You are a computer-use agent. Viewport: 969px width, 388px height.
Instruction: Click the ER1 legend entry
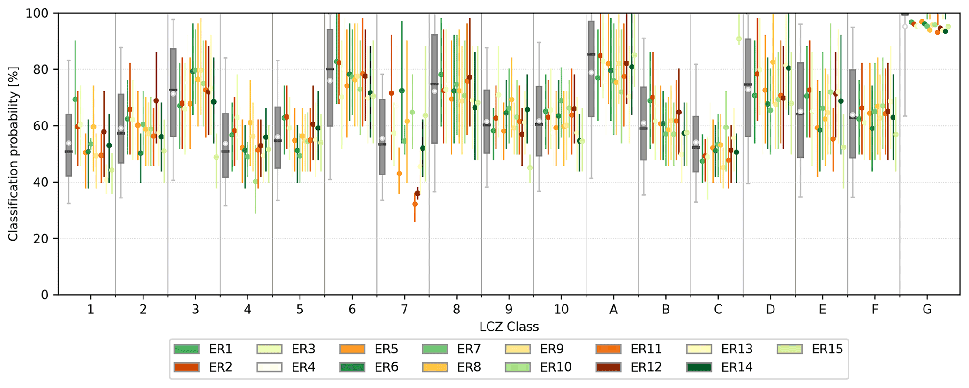tap(203, 349)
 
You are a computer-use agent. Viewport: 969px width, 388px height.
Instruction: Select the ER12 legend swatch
tap(608, 367)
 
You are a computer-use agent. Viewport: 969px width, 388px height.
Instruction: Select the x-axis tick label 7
tap(404, 310)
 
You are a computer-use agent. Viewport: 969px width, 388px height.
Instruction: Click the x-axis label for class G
tap(927, 310)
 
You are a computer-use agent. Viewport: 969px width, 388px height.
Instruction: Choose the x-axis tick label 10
tap(561, 310)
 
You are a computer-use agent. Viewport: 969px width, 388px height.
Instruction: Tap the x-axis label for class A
tap(613, 310)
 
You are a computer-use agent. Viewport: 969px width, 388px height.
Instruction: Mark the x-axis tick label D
tap(770, 310)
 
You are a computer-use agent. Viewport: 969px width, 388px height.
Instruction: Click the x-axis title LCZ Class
tap(509, 327)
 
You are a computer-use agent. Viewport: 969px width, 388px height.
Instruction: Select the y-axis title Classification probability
tap(13, 154)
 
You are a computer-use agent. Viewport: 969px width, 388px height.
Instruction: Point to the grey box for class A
tap(591, 69)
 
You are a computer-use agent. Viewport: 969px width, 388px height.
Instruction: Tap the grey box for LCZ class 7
tap(382, 137)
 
